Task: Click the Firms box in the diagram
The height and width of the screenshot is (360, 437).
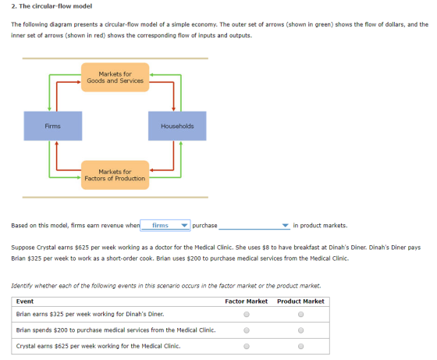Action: tap(53, 126)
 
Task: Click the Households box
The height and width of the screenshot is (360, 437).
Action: tap(177, 126)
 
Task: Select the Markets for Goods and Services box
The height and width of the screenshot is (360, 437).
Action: tap(115, 77)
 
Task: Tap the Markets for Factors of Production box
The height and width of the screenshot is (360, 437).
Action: tap(115, 175)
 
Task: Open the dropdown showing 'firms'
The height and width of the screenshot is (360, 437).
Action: tap(165, 226)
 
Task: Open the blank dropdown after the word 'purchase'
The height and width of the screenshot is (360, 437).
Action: tap(254, 226)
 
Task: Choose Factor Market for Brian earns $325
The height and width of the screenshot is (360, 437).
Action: tap(247, 314)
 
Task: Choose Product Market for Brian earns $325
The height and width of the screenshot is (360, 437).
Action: tap(300, 314)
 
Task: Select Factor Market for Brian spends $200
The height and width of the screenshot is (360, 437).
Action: tap(247, 330)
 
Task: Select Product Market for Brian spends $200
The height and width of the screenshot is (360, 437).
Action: tap(300, 330)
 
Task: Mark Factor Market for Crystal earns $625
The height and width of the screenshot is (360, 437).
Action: tap(247, 347)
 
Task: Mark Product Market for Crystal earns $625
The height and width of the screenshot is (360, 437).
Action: tap(300, 347)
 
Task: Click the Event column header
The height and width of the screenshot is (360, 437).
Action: tap(25, 301)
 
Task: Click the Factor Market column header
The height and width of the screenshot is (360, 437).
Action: tap(247, 301)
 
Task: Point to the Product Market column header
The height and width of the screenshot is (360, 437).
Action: tap(300, 301)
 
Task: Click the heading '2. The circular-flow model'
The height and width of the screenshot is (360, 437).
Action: tap(52, 6)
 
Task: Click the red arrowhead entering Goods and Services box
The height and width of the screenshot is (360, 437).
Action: tap(79, 82)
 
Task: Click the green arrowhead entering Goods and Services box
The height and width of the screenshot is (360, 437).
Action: tap(151, 75)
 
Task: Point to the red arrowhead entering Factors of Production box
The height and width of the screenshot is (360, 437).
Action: tap(151, 170)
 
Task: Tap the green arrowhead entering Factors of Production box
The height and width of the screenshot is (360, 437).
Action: tap(79, 177)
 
